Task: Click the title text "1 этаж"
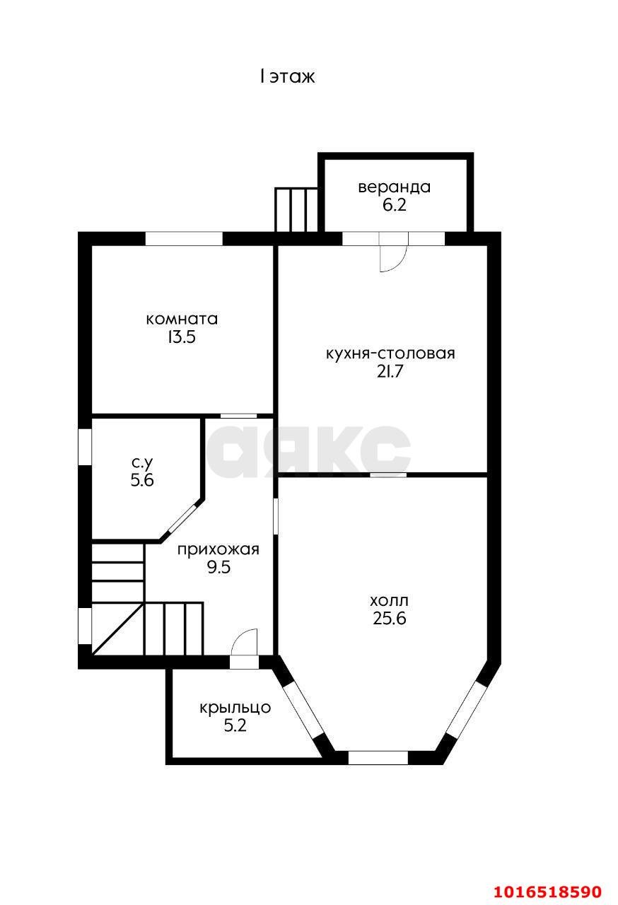[x=287, y=76]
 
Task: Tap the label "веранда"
[x=395, y=187]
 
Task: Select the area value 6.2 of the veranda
[x=395, y=205]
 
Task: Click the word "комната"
[x=182, y=319]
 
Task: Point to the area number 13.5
[x=182, y=337]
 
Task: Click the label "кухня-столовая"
[x=390, y=354]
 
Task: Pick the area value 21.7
[x=390, y=371]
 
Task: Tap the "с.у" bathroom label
[x=142, y=463]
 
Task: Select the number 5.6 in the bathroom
[x=142, y=480]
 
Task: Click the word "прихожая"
[x=218, y=550]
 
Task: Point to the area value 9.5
[x=218, y=567]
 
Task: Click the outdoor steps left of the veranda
[x=296, y=210]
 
